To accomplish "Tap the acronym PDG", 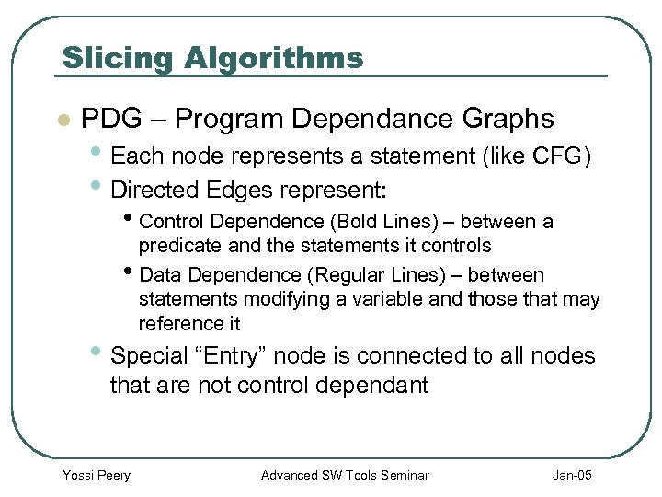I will pos(110,119).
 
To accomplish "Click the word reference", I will pos(177,323).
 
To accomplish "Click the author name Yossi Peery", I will pos(96,475).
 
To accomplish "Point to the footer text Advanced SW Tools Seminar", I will pos(345,475).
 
